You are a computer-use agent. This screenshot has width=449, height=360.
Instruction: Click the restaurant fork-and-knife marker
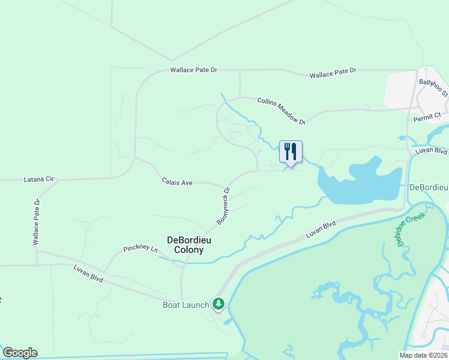[x=291, y=152]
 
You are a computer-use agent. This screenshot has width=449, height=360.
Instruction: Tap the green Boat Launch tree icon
[x=218, y=305]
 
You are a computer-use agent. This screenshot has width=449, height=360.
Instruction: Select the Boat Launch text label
[x=186, y=305]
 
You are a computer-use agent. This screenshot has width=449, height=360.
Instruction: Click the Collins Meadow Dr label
[x=281, y=111]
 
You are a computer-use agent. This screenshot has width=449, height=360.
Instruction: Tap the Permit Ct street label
[x=427, y=117]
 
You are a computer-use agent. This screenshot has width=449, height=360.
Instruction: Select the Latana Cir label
[x=38, y=179]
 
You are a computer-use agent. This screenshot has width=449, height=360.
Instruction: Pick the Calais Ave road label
[x=176, y=181]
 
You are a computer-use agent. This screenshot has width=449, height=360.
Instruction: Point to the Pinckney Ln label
[x=140, y=248]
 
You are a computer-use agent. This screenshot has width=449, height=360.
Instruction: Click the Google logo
[x=20, y=353]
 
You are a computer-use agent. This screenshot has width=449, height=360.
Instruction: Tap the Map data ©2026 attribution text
[x=423, y=355]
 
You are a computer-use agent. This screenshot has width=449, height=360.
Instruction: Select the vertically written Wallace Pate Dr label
[x=36, y=223]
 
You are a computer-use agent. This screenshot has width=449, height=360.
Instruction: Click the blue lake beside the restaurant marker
[x=360, y=183]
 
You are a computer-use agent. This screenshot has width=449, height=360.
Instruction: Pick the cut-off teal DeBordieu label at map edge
[x=429, y=187]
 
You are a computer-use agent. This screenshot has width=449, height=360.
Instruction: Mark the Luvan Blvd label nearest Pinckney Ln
[x=89, y=274]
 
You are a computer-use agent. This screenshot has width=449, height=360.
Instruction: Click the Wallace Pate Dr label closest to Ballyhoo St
[x=333, y=73]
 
